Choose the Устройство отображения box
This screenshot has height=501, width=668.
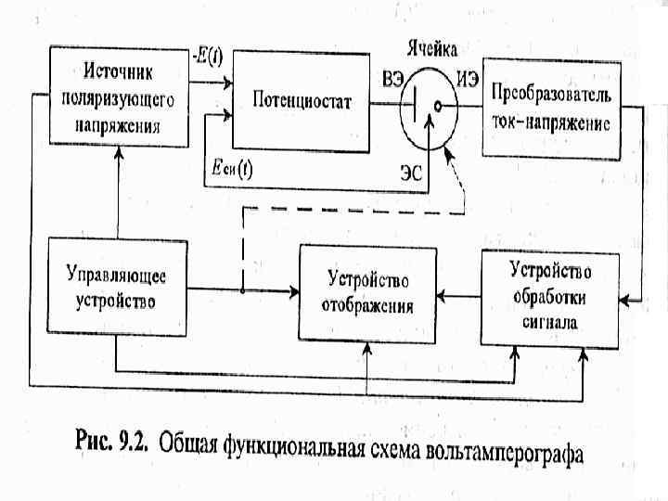367,293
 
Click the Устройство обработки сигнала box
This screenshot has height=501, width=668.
550,296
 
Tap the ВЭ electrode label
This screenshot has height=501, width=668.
392,80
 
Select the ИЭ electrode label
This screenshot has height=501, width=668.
468,80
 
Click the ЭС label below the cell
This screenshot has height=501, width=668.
412,171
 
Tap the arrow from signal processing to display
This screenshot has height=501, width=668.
459,298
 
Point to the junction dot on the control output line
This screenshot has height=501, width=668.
242,290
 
